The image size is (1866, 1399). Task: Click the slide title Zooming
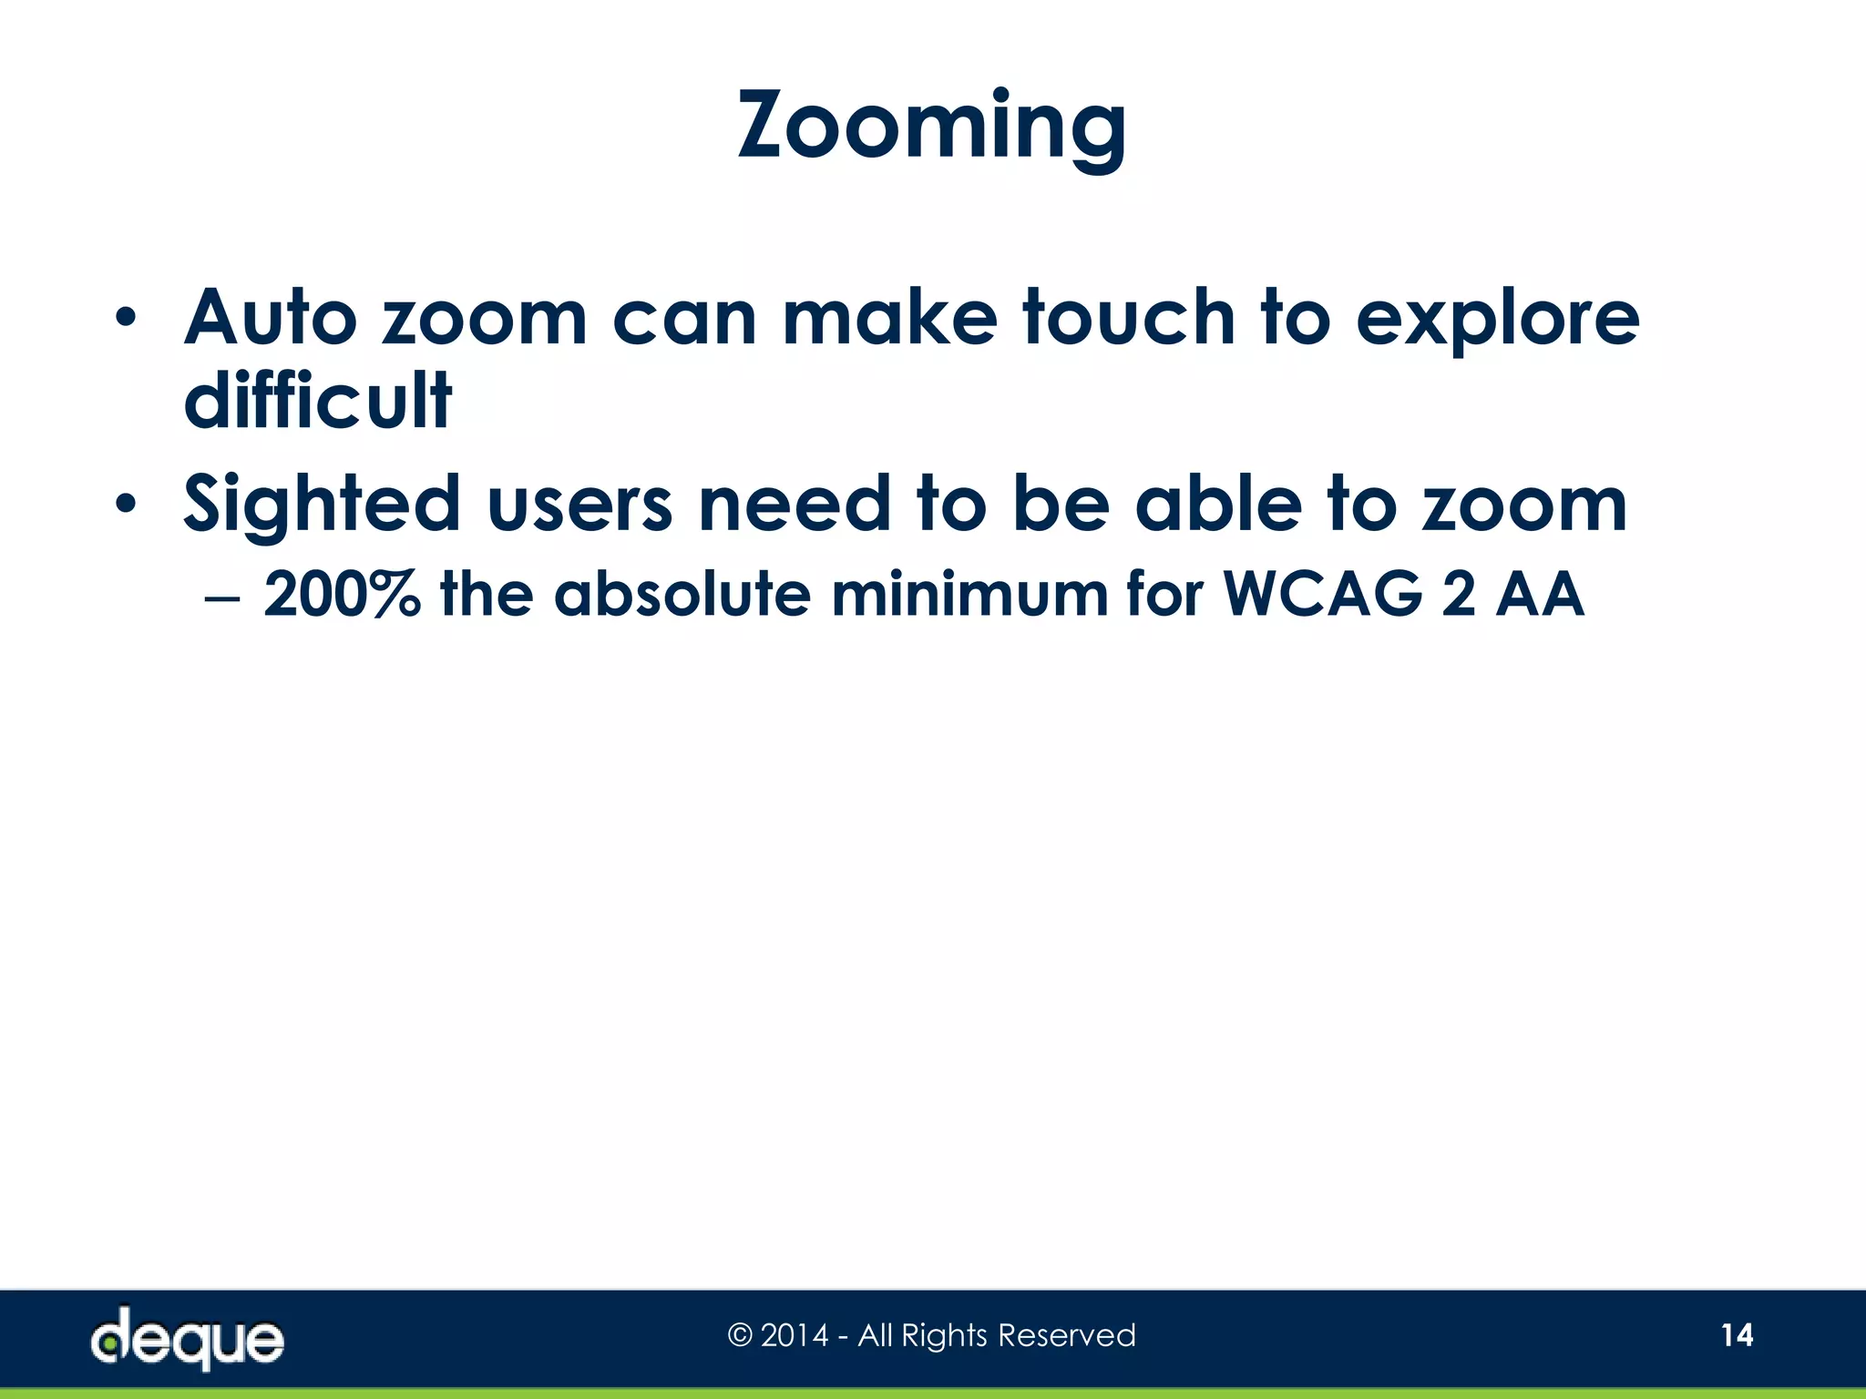(x=931, y=128)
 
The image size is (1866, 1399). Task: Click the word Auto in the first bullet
(x=271, y=318)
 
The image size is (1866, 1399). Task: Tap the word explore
(x=1497, y=320)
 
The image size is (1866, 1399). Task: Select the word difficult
(x=317, y=401)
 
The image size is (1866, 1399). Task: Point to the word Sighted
(x=322, y=505)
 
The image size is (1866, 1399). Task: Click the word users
(x=579, y=505)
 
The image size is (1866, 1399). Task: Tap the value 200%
(x=342, y=594)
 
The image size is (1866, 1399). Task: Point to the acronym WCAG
(x=1322, y=594)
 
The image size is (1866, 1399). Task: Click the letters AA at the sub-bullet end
(x=1540, y=594)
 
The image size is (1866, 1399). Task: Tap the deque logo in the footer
(x=188, y=1338)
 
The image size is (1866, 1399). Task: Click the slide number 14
(x=1737, y=1335)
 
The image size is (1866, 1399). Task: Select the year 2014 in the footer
(x=795, y=1335)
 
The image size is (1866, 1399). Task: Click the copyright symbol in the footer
(x=740, y=1335)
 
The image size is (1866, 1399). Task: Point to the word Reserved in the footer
(x=1067, y=1335)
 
